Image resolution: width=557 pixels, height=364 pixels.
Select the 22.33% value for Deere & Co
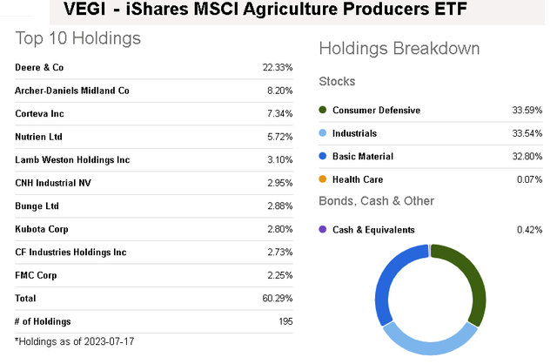point(278,67)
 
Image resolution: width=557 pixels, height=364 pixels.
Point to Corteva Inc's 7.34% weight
point(280,113)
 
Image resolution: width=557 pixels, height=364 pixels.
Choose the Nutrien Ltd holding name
point(38,137)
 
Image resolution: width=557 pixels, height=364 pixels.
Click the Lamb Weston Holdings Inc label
point(72,159)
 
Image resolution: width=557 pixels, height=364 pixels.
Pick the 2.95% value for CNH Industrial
point(280,183)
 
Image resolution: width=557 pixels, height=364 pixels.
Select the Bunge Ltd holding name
point(37,206)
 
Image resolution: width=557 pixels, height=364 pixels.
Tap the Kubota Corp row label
point(40,229)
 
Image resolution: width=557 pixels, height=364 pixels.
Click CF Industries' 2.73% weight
point(280,252)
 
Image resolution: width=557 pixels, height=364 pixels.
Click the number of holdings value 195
point(285,321)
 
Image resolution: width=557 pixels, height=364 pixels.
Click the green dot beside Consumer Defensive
point(324,111)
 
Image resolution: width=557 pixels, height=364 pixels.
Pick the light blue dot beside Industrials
point(324,133)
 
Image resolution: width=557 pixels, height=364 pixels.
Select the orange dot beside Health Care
point(324,179)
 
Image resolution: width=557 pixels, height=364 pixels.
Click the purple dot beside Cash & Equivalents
point(324,230)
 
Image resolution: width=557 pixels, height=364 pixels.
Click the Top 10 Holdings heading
point(77,39)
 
